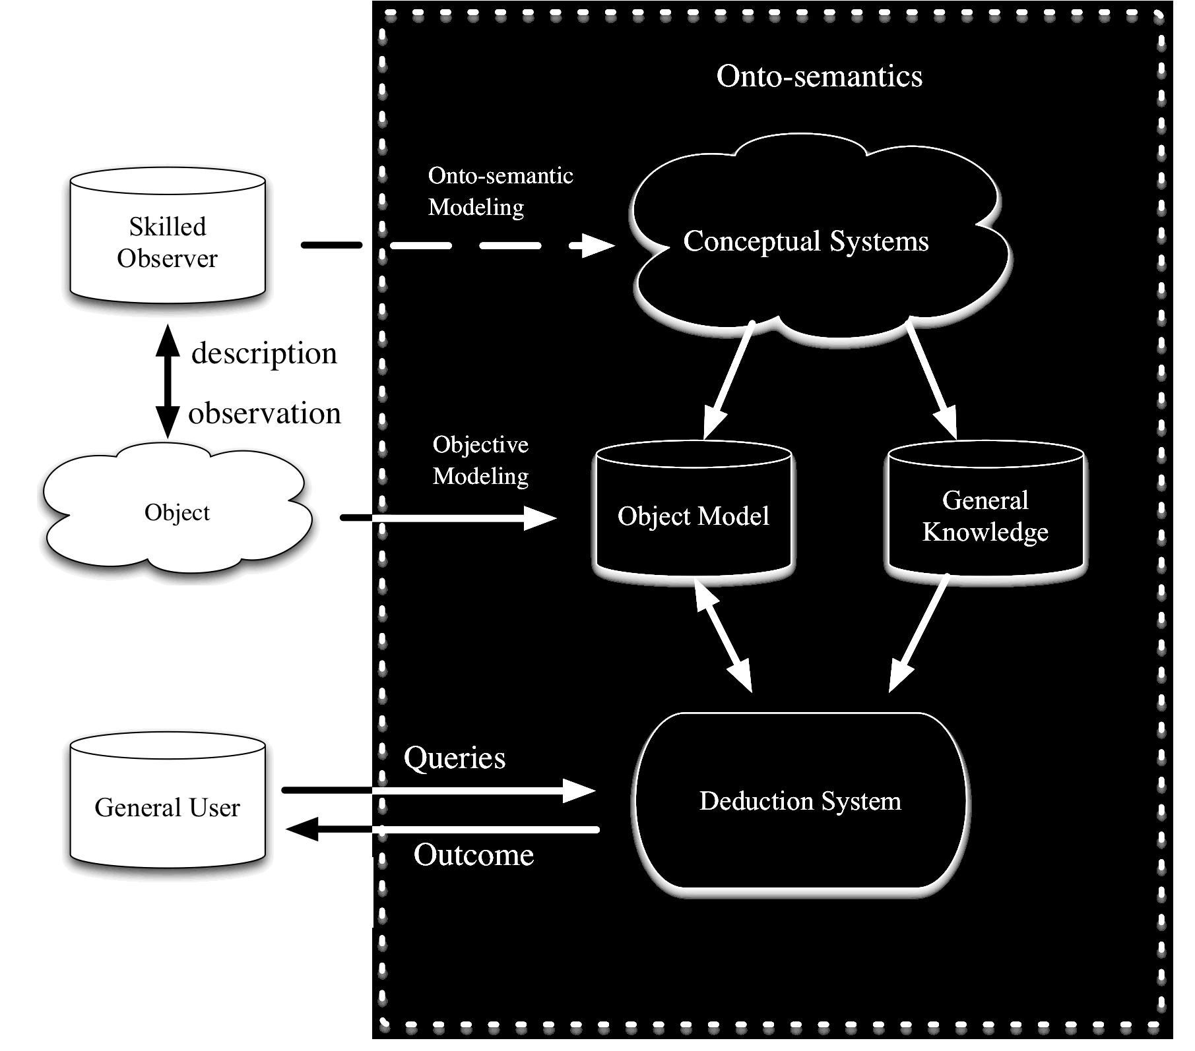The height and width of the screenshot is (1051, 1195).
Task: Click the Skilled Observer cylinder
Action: pyautogui.click(x=168, y=241)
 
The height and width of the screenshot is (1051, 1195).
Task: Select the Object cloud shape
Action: pyautogui.click(x=177, y=512)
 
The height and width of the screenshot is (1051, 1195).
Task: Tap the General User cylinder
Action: pyautogui.click(x=167, y=806)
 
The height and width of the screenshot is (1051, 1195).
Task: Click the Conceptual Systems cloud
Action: pyautogui.click(x=806, y=241)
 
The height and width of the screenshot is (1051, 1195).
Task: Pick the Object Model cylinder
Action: pyautogui.click(x=693, y=515)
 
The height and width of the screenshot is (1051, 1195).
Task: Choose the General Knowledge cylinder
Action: pyautogui.click(x=985, y=515)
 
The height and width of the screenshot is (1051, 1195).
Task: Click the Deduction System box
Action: pyautogui.click(x=800, y=800)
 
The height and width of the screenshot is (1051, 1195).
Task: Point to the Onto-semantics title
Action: pyautogui.click(x=819, y=76)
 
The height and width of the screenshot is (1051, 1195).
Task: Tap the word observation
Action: pyautogui.click(x=265, y=413)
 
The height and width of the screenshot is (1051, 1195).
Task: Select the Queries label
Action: pyautogui.click(x=455, y=758)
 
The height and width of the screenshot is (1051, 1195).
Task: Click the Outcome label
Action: pyautogui.click(x=474, y=855)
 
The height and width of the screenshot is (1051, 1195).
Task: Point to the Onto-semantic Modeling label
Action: pyautogui.click(x=500, y=191)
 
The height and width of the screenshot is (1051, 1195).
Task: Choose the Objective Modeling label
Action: pyautogui.click(x=480, y=460)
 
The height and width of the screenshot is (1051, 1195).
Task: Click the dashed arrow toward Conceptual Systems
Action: pyautogui.click(x=501, y=246)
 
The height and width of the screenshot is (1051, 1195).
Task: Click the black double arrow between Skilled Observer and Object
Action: pyautogui.click(x=168, y=381)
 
